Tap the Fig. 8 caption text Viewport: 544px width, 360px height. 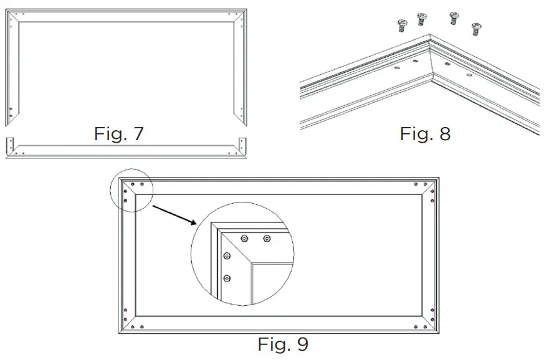[424, 133]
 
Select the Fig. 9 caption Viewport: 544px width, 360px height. [283, 343]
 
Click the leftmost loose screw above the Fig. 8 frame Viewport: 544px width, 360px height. [401, 25]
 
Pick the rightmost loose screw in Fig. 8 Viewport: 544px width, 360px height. [477, 28]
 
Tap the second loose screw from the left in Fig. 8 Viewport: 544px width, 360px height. [421, 19]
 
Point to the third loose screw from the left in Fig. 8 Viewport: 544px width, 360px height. [455, 18]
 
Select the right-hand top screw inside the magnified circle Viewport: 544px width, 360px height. [267, 237]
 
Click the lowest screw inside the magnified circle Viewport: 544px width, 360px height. [227, 278]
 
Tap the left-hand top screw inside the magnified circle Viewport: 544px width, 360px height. [244, 237]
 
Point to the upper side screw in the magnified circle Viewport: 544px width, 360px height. [227, 256]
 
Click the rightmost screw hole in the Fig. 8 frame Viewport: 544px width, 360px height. [469, 74]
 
